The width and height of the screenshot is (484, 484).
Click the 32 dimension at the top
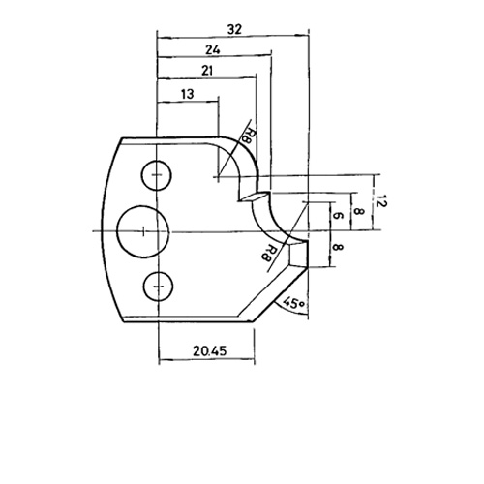click(x=234, y=30)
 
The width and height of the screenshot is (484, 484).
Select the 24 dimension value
click(x=213, y=50)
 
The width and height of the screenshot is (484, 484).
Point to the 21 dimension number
click(x=207, y=71)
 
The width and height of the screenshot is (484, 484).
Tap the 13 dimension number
click(x=188, y=94)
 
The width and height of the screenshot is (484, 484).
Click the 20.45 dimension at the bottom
click(x=210, y=350)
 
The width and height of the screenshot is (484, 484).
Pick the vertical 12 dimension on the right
click(x=381, y=201)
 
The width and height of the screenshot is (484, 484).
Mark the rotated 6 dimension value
click(x=337, y=216)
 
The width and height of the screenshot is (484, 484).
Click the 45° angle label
click(x=293, y=304)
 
